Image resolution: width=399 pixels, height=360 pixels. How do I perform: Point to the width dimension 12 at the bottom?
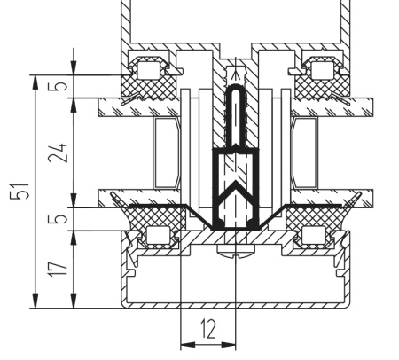tap(207, 330)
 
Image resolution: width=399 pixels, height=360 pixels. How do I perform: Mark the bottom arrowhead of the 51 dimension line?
tap(35, 302)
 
